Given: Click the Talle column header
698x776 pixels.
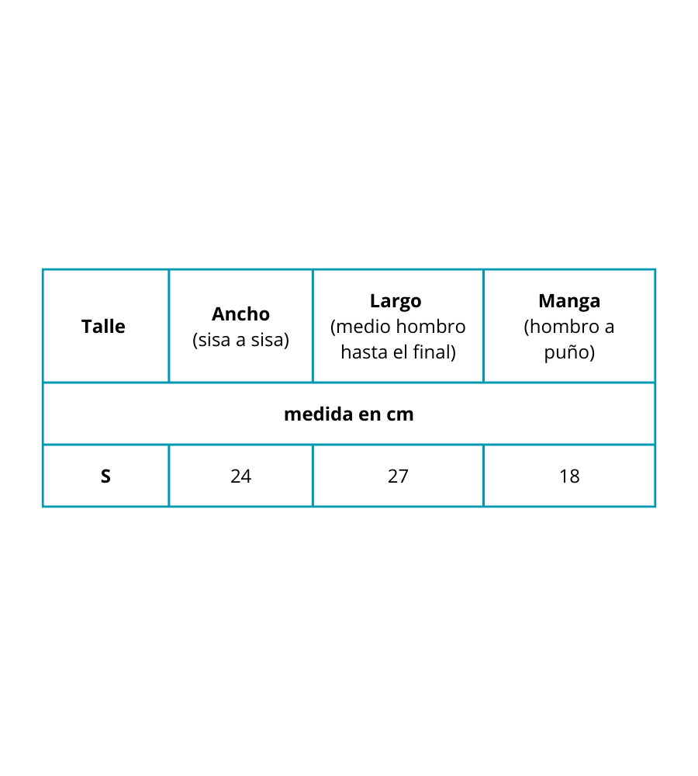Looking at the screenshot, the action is [103, 327].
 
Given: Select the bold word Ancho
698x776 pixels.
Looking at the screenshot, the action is [241, 314].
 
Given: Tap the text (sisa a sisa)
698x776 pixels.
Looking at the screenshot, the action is [241, 340].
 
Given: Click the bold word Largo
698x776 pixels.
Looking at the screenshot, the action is [396, 301].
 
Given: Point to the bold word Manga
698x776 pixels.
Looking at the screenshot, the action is [569, 301].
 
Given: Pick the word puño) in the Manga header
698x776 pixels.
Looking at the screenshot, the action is [569, 353].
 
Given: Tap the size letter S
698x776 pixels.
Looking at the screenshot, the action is [105, 476].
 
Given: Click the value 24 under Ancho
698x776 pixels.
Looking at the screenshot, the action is [241, 476].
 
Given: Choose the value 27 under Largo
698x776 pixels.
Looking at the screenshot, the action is [398, 476].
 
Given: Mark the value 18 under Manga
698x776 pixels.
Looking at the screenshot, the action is [569, 476].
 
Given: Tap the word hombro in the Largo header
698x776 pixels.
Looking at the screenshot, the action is [431, 327].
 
